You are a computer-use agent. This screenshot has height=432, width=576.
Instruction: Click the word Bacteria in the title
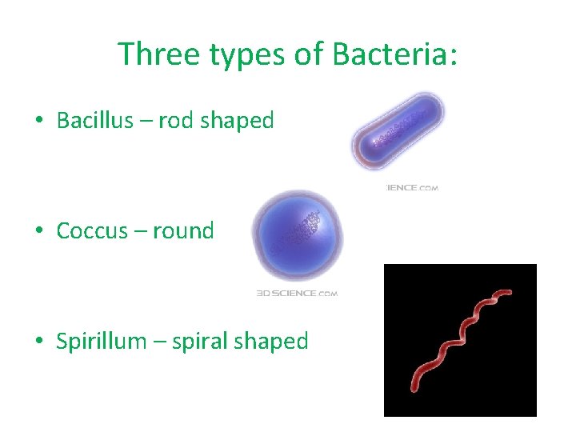pyautogui.click(x=394, y=54)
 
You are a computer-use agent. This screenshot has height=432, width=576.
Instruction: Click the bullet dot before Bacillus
pyautogui.click(x=38, y=122)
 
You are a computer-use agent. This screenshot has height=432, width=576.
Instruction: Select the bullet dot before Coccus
pyautogui.click(x=38, y=232)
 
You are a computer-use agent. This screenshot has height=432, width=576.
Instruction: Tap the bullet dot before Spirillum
pyautogui.click(x=38, y=342)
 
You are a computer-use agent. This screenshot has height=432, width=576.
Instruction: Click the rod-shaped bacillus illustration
pyautogui.click(x=398, y=131)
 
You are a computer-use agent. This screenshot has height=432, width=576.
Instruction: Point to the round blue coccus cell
pyautogui.click(x=297, y=234)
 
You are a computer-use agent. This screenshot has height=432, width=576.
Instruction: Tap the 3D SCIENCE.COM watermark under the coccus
pyautogui.click(x=297, y=294)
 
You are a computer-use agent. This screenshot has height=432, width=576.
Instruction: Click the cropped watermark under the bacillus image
pyautogui.click(x=411, y=188)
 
